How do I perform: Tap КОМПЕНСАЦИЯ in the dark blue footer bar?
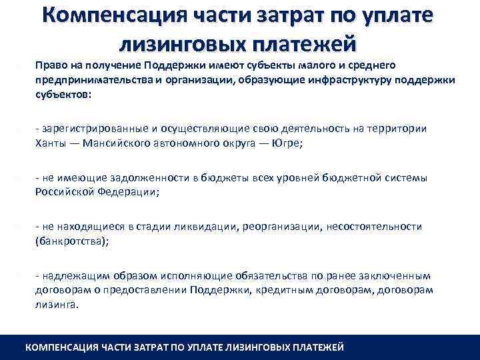61,347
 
